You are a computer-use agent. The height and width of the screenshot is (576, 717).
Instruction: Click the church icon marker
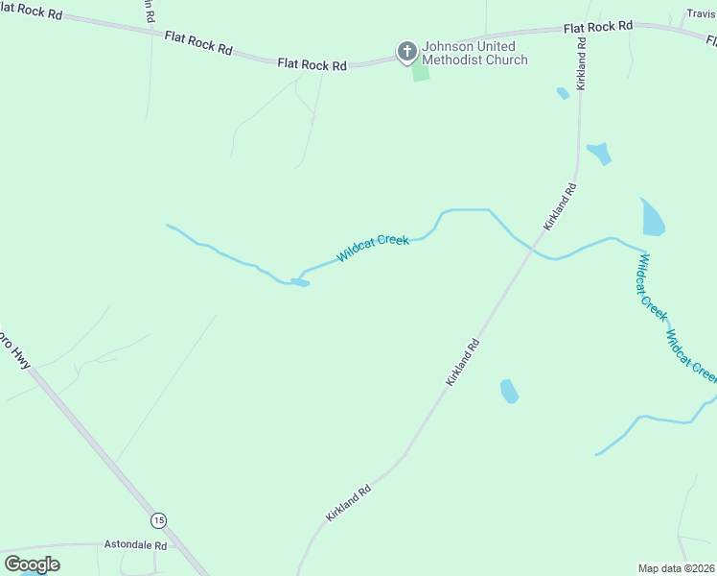406,51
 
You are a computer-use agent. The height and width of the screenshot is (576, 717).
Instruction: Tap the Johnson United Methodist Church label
475,53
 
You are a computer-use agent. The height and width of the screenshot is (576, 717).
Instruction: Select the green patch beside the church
421,72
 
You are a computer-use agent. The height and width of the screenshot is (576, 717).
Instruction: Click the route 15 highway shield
158,519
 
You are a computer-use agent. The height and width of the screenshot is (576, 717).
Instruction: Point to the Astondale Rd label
135,545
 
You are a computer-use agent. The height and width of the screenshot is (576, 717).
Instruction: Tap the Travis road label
701,13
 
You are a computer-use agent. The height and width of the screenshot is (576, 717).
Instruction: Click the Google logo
32,564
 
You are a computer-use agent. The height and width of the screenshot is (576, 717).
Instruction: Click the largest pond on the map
652,219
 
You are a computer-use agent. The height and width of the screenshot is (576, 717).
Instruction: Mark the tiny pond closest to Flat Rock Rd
563,93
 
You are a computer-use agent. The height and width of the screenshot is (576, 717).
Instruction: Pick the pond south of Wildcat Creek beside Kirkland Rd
509,391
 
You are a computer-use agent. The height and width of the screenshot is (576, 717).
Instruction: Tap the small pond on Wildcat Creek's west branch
300,282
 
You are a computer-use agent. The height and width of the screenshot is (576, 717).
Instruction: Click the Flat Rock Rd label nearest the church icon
312,65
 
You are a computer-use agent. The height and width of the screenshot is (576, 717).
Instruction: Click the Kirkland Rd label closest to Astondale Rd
348,502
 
